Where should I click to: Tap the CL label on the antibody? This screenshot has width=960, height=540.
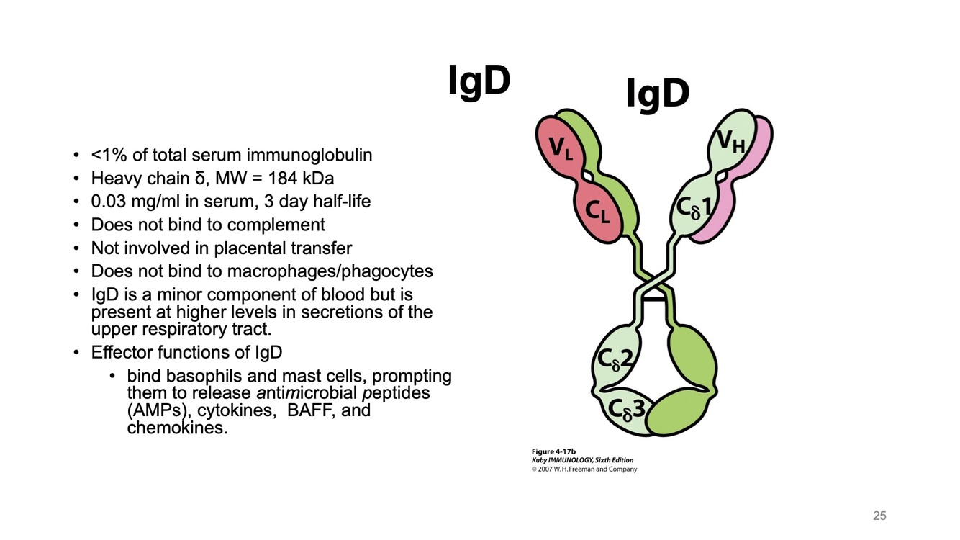click(x=597, y=211)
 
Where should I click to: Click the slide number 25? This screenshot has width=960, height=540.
click(x=879, y=516)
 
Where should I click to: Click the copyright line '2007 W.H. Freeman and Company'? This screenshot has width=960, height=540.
click(x=587, y=469)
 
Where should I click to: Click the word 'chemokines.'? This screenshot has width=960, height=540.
click(x=177, y=428)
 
